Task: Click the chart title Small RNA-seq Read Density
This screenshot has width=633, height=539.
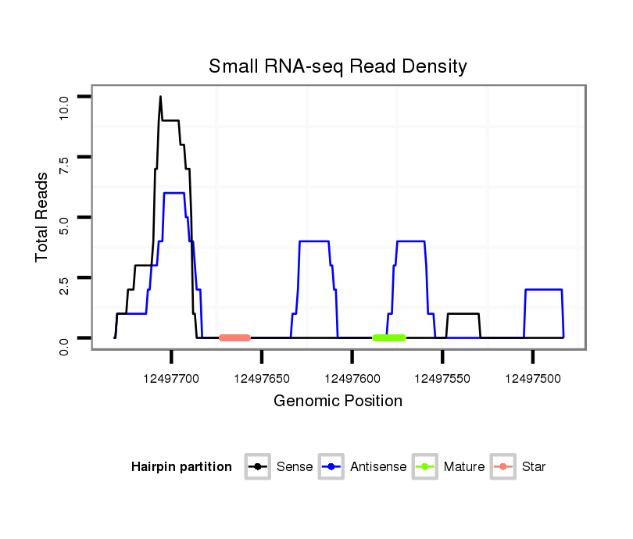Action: pos(338,66)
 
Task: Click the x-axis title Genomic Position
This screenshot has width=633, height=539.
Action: pos(338,402)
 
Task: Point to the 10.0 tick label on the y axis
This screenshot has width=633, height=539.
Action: pos(65,105)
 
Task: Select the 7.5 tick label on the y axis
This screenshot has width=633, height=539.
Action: pos(65,166)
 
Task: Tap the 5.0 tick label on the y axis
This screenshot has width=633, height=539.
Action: pos(65,226)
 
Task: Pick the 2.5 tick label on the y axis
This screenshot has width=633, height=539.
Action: pos(65,287)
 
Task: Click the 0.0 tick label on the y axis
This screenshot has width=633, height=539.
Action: pos(65,344)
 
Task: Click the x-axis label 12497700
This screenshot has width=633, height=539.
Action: pos(171,378)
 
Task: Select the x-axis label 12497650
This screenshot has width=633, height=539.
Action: pos(262,378)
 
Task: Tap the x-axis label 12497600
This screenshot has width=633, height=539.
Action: pos(352,378)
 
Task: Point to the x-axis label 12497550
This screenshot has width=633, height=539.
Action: pos(442,378)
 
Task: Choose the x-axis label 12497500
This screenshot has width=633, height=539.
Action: pos(532,378)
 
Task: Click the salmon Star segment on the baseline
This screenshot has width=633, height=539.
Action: pos(234,337)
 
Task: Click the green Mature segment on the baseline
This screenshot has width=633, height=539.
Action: pos(389,337)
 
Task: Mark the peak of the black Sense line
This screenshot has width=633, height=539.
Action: pos(160,97)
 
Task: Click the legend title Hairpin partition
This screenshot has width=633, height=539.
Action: pos(181,467)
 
